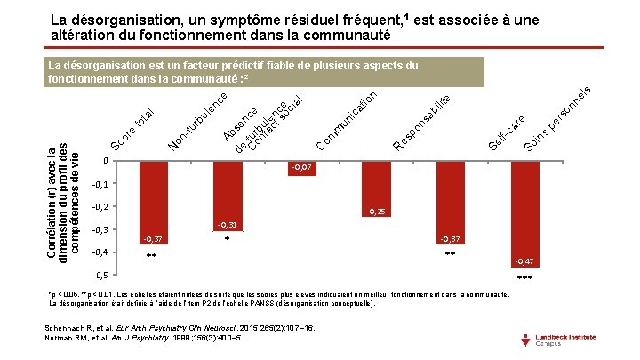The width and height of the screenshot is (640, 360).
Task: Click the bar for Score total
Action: [x=153, y=202]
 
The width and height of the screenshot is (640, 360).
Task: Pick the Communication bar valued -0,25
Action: [x=374, y=188]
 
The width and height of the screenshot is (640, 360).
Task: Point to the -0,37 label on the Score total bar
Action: [x=153, y=240]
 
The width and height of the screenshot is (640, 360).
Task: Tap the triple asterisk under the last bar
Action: [x=524, y=278]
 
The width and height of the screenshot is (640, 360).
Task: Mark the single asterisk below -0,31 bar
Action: [x=228, y=238]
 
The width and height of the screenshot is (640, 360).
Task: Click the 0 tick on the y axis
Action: [x=105, y=161]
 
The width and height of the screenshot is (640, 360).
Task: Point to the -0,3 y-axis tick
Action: [x=100, y=229]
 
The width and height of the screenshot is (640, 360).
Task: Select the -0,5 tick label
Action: [x=100, y=275]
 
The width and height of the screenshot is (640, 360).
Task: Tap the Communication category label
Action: [x=348, y=121]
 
